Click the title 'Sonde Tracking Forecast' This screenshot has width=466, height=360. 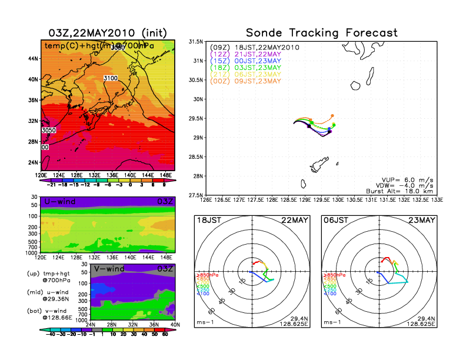[x=322, y=33]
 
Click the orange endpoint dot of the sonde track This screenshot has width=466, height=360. [x=332, y=116]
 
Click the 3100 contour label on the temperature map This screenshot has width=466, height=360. [x=110, y=78]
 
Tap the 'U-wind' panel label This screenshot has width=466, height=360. [x=59, y=202]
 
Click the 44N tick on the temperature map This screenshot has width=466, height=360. [x=32, y=58]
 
